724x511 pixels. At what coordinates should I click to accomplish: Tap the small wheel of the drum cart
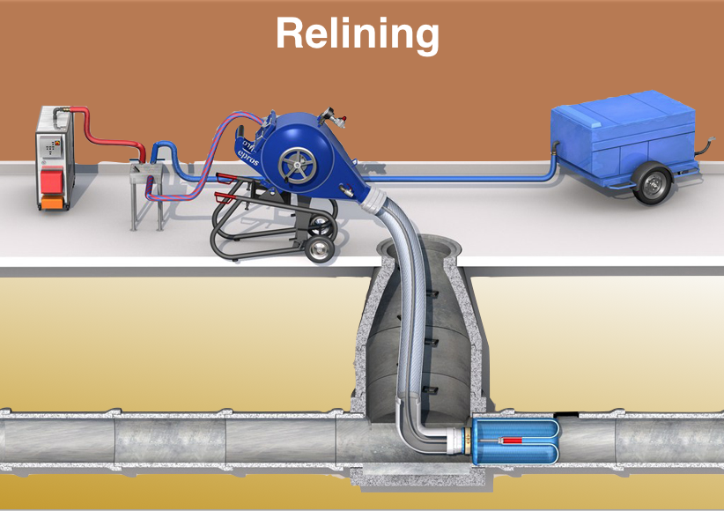tap(323, 250)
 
